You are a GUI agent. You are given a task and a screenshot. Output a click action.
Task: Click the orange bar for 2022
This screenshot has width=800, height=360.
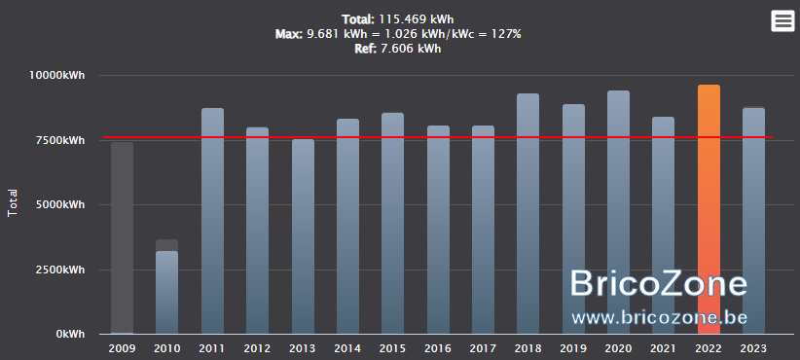[x=709, y=209]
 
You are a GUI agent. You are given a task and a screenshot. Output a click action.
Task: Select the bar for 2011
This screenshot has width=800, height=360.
[x=212, y=221]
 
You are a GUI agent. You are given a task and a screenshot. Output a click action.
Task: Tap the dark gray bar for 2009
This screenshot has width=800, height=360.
[x=122, y=238]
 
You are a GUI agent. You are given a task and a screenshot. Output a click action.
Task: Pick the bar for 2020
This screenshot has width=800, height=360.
[x=618, y=212]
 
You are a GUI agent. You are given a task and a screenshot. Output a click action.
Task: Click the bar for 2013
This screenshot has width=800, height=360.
[x=303, y=236]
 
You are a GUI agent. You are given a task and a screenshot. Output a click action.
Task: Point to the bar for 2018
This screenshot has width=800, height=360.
[x=528, y=214]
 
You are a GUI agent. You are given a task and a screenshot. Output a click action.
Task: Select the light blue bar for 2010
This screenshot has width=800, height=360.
[x=166, y=293]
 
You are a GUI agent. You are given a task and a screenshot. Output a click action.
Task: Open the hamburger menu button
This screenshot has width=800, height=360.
[x=782, y=20]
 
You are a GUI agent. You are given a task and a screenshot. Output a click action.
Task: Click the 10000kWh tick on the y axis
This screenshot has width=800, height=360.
[x=56, y=76]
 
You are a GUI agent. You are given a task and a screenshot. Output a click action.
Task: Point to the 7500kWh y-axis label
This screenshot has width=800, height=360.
[x=59, y=140]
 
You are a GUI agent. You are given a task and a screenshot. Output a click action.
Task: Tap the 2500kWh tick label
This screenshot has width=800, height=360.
[x=59, y=270]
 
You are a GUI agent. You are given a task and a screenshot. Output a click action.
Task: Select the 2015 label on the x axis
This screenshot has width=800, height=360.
[x=393, y=348]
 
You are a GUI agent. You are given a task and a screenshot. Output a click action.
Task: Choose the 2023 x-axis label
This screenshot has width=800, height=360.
[x=753, y=348]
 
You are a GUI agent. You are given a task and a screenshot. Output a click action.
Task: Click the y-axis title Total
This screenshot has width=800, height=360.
[x=13, y=203]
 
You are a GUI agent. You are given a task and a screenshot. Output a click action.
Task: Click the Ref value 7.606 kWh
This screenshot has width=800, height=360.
[x=412, y=49]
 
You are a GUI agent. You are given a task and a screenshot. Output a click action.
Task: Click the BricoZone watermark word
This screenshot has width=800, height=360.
[x=658, y=283]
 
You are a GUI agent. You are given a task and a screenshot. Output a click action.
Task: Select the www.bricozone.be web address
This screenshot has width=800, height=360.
[x=659, y=317]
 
